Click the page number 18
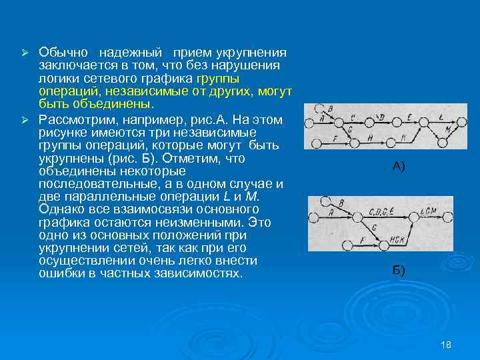(446, 345)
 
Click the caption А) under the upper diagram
(398, 167)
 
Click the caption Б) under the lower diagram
(398, 270)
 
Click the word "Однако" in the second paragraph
(59, 209)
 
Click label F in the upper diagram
(335, 138)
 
